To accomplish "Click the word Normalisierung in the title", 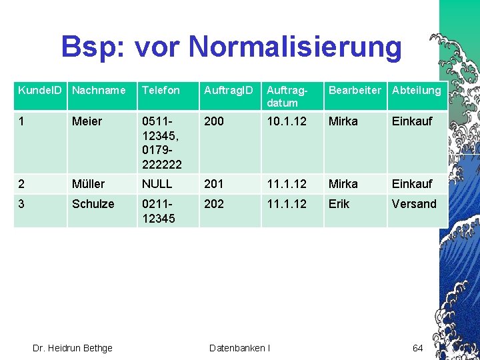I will coord(295,47).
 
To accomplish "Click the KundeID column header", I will coord(39,90).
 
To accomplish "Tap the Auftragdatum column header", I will coord(282,96).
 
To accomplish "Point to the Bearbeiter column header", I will coord(355,90).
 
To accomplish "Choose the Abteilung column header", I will coord(416,90).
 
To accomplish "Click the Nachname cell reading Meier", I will coord(87,121).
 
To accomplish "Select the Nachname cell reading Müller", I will coord(88,183).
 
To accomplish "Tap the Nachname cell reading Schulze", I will coord(93,204).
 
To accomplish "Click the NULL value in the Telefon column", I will coord(157,183).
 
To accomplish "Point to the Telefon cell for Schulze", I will coord(159,211).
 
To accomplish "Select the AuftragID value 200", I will coord(214,121).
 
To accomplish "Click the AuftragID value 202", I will coord(214,204).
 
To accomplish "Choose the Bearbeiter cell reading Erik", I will coord(339,204).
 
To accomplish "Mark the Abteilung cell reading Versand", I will coord(414,204).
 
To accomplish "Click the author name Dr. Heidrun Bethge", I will coord(73,348).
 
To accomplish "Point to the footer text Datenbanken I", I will coord(239,348).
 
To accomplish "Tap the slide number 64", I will coord(418,348).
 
